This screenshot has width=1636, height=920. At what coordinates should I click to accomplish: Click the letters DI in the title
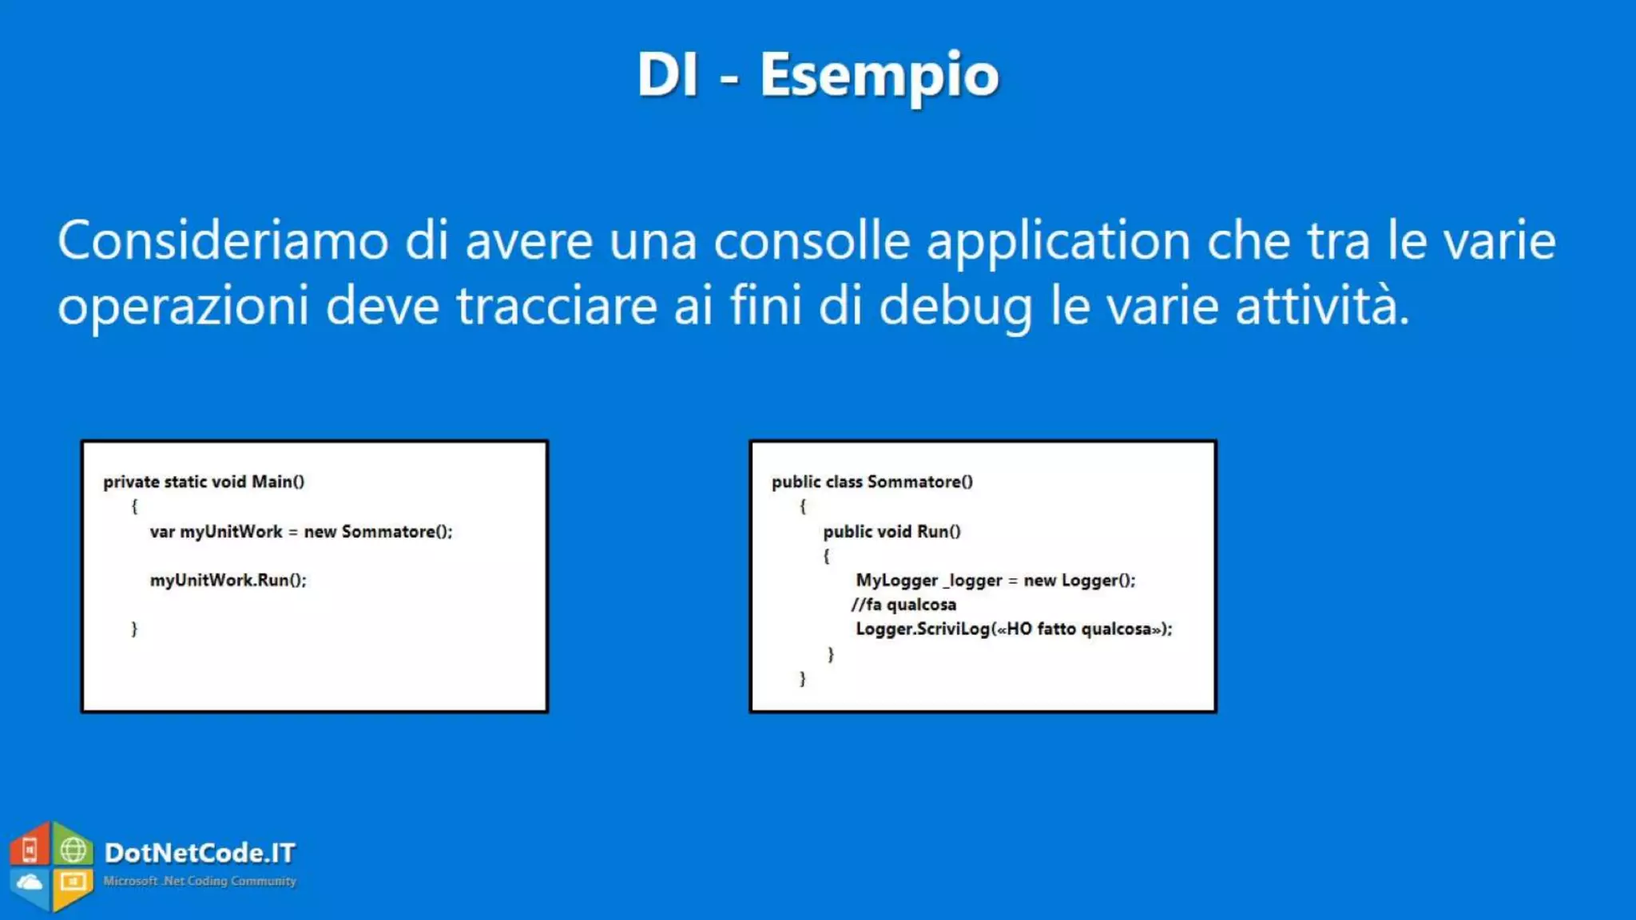(x=667, y=74)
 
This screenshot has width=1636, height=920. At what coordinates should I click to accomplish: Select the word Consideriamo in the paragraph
(x=223, y=240)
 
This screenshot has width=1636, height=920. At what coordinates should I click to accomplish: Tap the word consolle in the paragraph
(x=812, y=240)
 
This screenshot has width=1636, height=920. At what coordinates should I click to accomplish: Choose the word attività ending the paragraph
(x=1321, y=306)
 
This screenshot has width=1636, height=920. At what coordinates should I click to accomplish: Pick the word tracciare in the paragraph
(x=557, y=306)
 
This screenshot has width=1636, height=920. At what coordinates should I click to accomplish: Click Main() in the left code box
(x=278, y=482)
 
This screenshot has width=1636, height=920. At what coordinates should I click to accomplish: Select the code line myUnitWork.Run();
(x=228, y=580)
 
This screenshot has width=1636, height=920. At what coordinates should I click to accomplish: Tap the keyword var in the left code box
(x=162, y=532)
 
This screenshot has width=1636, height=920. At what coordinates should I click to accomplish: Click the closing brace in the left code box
(x=134, y=629)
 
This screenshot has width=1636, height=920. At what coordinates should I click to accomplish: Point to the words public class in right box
(x=816, y=482)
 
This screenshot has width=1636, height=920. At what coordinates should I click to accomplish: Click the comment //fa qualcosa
(x=903, y=605)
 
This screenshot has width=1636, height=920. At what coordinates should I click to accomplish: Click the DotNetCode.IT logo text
(x=200, y=853)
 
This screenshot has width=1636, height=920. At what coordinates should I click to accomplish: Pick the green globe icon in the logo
(x=73, y=850)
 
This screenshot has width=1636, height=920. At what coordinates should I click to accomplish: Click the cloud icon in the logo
(x=30, y=882)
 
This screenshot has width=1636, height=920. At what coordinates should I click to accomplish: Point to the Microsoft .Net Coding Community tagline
(x=200, y=881)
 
